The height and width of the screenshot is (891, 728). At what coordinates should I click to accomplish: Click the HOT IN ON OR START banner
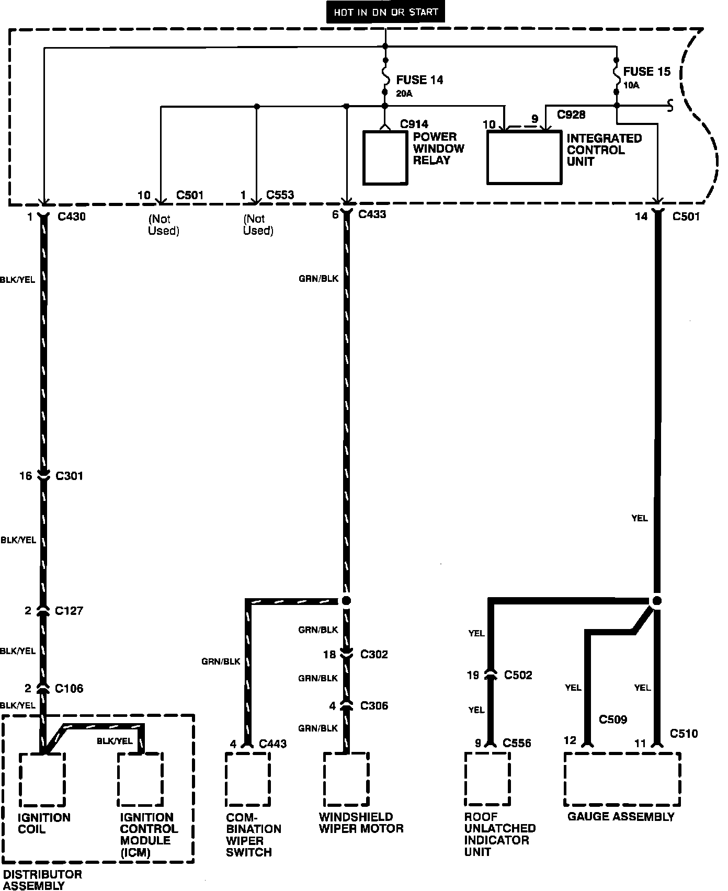click(385, 12)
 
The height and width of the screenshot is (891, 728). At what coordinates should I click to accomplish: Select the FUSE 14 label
click(419, 80)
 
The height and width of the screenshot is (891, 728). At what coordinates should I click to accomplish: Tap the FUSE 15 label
click(646, 72)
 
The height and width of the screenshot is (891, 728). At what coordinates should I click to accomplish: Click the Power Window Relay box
click(385, 157)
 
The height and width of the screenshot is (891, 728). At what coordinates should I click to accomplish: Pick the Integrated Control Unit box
click(525, 157)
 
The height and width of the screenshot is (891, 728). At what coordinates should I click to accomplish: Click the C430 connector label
click(71, 216)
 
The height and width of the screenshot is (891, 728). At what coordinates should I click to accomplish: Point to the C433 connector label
click(372, 214)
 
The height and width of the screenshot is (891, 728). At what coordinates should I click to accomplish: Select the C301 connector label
click(69, 476)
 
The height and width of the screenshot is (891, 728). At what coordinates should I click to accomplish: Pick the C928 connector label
click(571, 115)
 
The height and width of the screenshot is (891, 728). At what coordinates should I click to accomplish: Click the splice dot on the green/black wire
click(346, 600)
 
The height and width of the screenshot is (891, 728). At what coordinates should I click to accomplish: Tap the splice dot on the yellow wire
click(657, 600)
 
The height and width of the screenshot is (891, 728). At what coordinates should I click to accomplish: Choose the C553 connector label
click(280, 195)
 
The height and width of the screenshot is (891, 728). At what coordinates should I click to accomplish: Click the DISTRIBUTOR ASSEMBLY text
click(42, 879)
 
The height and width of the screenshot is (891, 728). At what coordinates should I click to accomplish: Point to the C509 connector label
click(613, 719)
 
